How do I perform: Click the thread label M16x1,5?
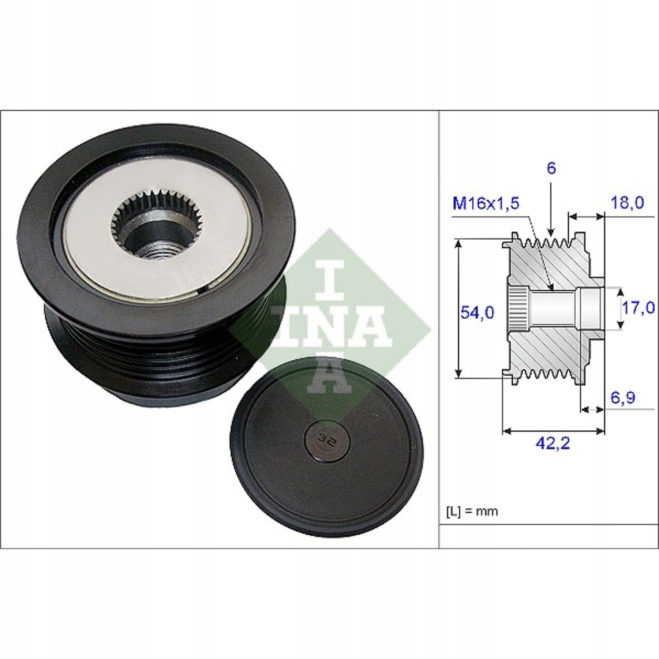(x=485, y=204)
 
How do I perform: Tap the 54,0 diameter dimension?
(x=477, y=313)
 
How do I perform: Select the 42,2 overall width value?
(x=553, y=443)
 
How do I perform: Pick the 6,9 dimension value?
(x=622, y=398)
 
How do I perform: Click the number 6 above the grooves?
(x=552, y=169)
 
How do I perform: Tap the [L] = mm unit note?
(x=472, y=512)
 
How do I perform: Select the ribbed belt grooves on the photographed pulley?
(x=148, y=360)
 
